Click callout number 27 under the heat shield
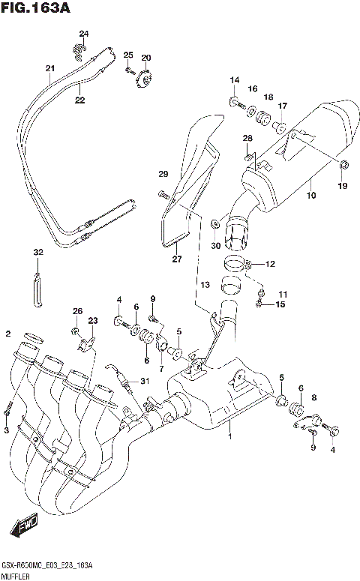coord(177,259)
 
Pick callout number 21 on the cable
coord(50,69)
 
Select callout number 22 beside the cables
coord(79,99)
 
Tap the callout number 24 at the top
coord(83,34)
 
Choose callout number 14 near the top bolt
coord(234,80)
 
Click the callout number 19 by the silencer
coord(343,185)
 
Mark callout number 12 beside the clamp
coord(270,264)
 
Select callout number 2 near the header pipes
coord(7,334)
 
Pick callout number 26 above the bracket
coord(76,311)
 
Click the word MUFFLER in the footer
coord(17,576)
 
